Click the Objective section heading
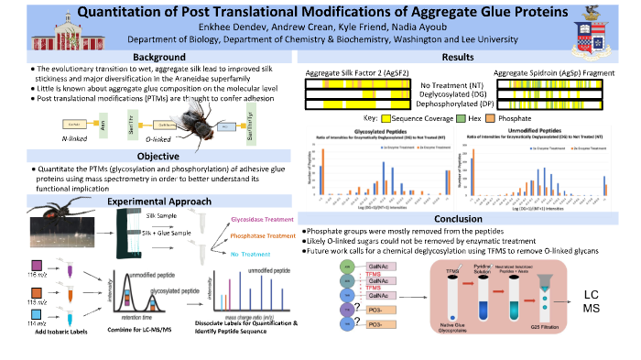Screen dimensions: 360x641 point(149,156)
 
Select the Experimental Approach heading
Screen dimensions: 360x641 point(150,201)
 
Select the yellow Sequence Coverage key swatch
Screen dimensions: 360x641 point(389,118)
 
